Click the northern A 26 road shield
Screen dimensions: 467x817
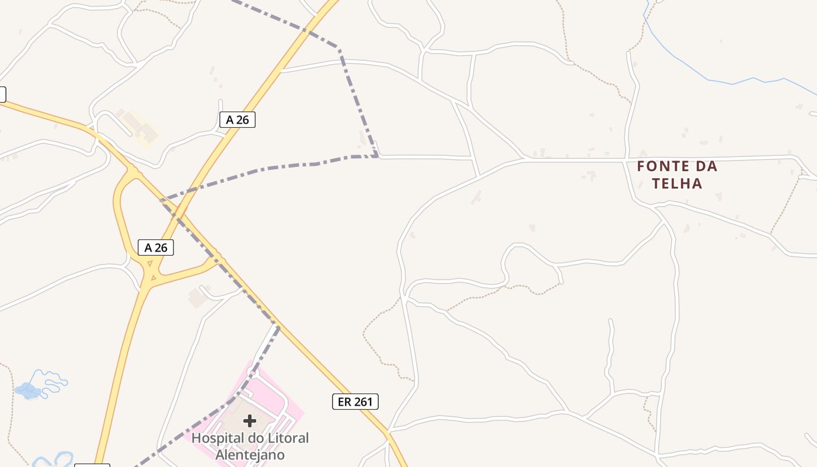point(238,120)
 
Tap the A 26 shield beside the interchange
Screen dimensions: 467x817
point(156,248)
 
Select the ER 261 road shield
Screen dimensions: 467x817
point(355,402)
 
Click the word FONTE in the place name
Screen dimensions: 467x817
point(661,166)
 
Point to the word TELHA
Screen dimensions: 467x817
point(677,183)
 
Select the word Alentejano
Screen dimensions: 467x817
point(250,454)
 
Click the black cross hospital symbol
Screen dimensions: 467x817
point(250,420)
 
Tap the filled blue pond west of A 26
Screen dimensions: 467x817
point(27,389)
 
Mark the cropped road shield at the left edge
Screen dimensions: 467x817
point(2,94)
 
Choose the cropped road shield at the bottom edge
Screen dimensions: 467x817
point(92,465)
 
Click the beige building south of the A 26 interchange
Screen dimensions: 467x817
point(197,298)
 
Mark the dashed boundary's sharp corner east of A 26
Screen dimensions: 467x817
point(376,155)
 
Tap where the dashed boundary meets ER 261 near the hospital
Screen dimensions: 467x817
point(278,325)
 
